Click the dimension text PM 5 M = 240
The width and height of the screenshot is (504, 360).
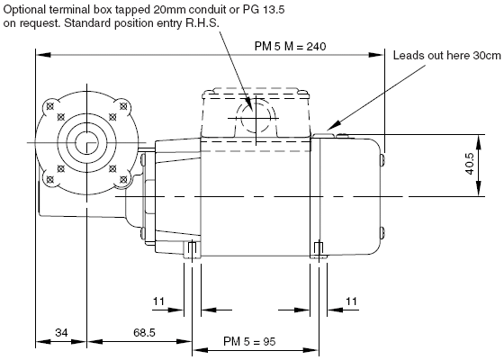coord(290,47)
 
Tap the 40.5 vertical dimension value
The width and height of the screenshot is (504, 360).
coord(470,164)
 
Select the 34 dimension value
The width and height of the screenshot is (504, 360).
coord(61,332)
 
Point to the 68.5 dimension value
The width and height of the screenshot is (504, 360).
coord(144,332)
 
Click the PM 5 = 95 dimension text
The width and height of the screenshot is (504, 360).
coord(249,341)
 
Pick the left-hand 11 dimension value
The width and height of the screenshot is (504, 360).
coord(158,301)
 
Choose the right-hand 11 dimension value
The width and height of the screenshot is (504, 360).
coord(351,301)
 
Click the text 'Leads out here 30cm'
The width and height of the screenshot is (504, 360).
coord(446,56)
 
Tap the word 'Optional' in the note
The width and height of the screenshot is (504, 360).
coord(25,10)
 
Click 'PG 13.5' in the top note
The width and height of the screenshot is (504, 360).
coord(264,10)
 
